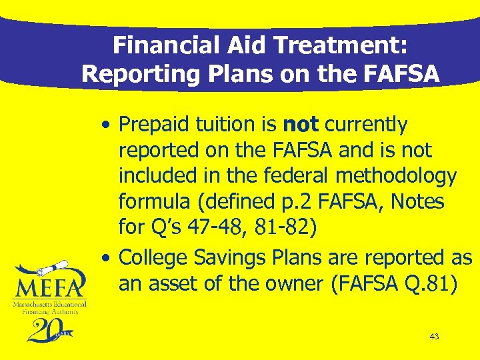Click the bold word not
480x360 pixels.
point(301,125)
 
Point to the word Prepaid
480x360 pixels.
point(157,125)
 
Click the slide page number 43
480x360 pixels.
point(434,337)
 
